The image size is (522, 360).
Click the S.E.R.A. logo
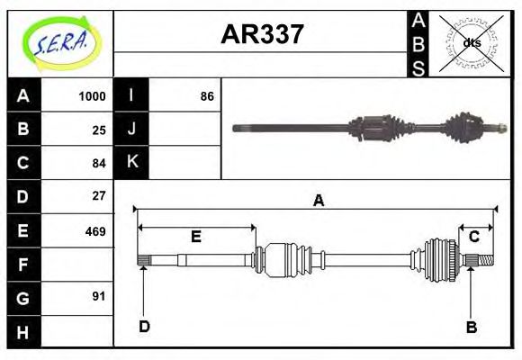pos(60,43)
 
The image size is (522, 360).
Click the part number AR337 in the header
pos(262,35)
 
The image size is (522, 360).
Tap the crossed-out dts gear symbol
pos(472,42)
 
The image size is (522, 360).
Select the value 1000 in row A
pos(92,96)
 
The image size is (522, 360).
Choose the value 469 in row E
pos(94,230)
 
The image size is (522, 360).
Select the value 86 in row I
pos(207,96)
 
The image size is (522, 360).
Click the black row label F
pos(23,265)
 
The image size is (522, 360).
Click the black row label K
pos(132,163)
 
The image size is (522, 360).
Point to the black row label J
pos(132,130)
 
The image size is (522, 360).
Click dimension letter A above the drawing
pos(318,201)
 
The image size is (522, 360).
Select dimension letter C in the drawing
pos(473,237)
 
